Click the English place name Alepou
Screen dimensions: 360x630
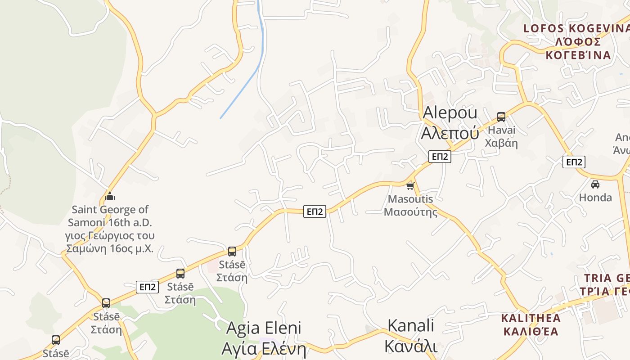tap(450, 112)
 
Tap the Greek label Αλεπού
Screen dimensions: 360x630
tap(450, 133)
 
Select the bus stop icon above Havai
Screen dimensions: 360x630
tap(501, 117)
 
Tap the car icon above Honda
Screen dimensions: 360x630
tap(595, 184)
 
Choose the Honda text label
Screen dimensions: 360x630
tap(595, 198)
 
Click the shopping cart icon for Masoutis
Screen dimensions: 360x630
tap(410, 186)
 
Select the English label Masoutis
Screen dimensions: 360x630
tap(410, 199)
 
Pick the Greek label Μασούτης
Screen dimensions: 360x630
tap(410, 211)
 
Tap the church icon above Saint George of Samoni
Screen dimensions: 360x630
tap(110, 196)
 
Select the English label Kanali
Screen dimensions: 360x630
tap(411, 325)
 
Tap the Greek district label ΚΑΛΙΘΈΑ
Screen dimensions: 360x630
tap(531, 332)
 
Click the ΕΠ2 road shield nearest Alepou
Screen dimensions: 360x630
tap(440, 157)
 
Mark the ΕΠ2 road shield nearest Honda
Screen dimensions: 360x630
tap(574, 162)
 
